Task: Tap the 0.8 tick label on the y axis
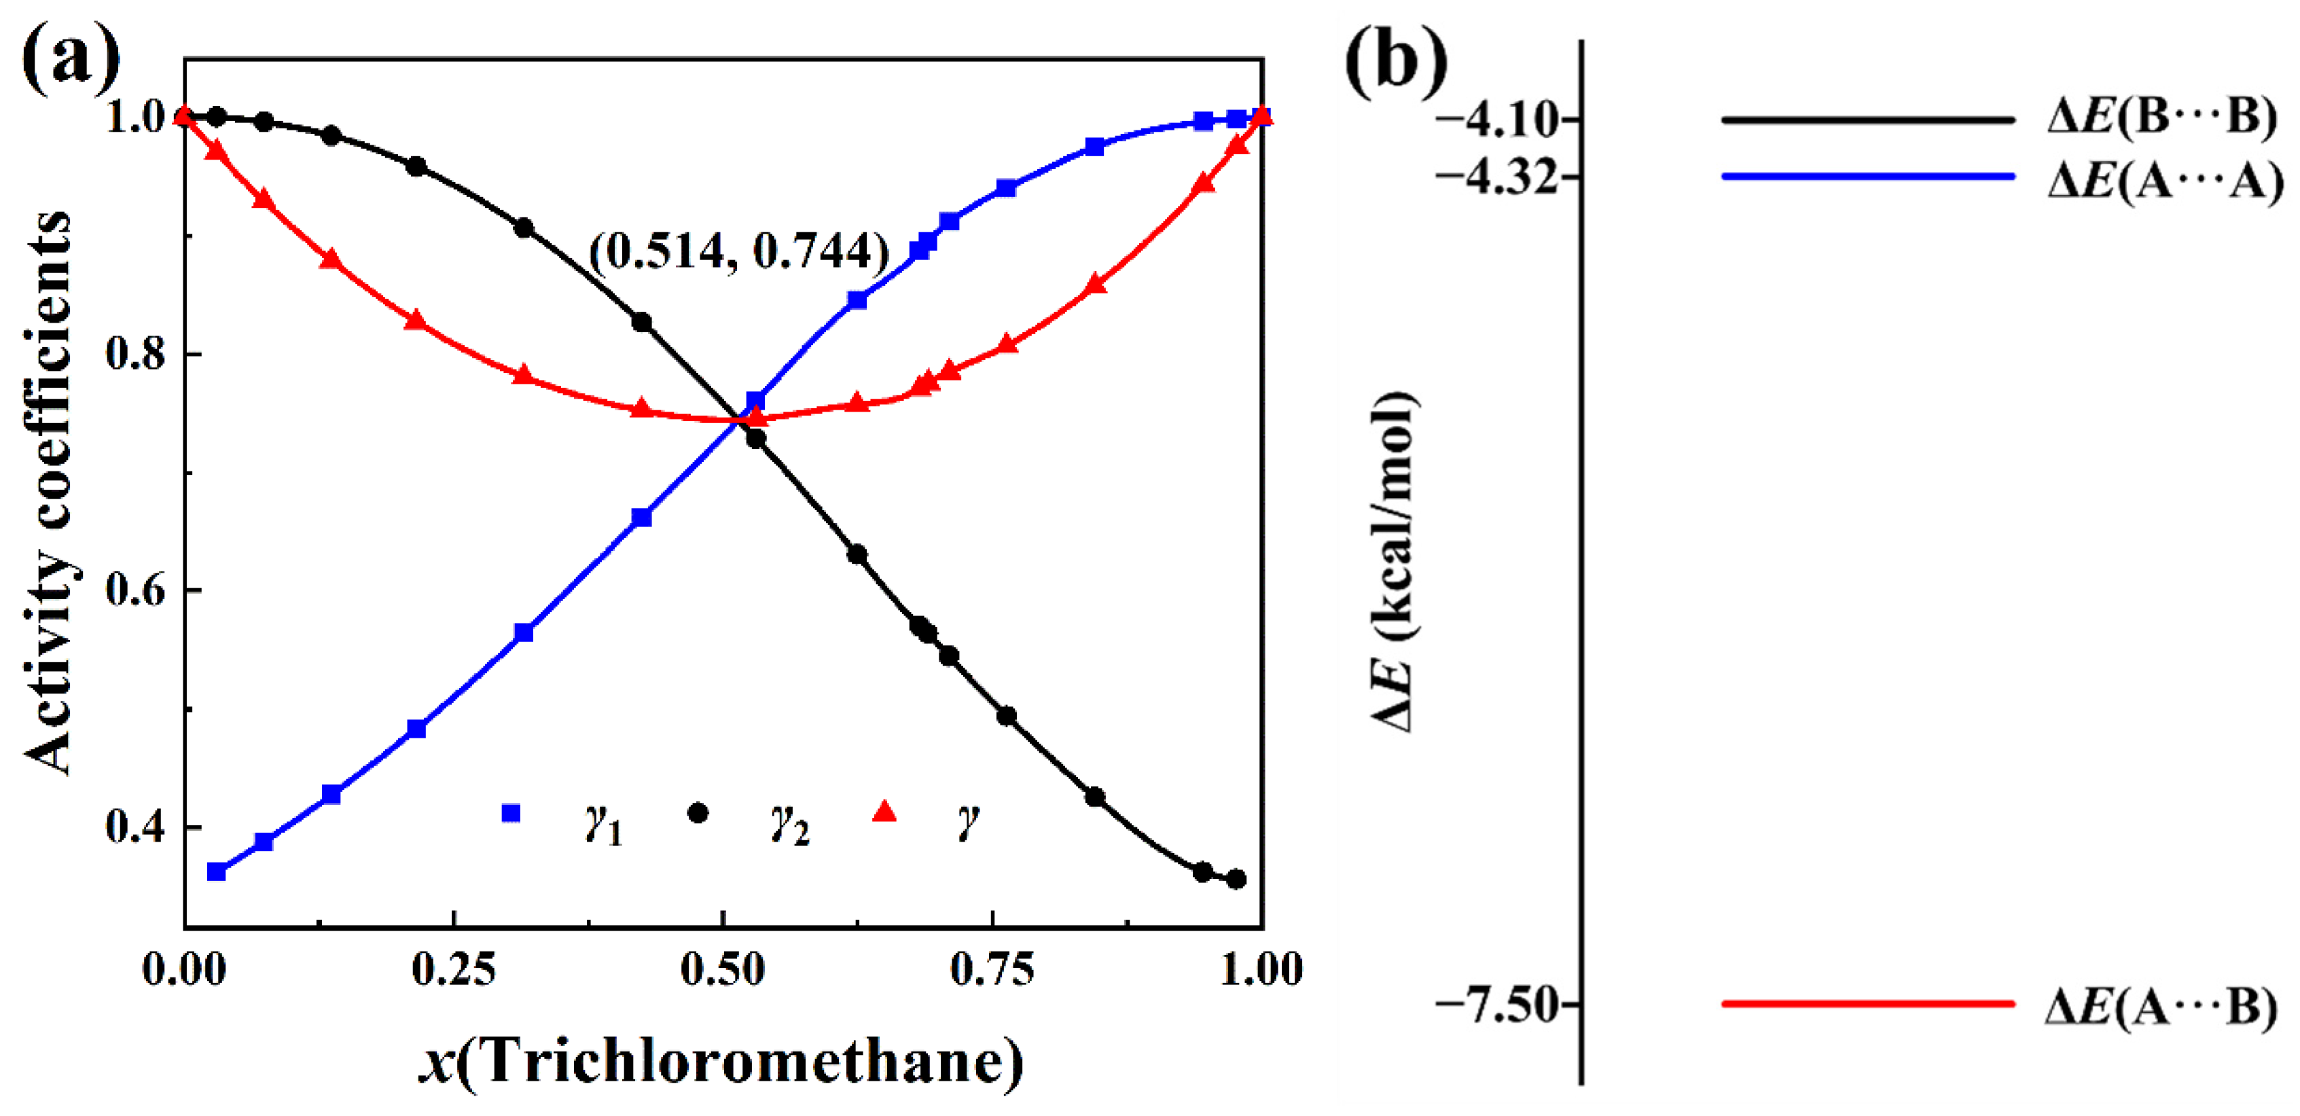(136, 354)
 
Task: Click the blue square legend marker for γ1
(511, 813)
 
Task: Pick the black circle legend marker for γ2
(698, 813)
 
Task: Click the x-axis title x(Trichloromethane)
(721, 1061)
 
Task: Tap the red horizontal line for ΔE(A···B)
(1868, 1005)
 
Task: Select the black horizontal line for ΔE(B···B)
(1868, 120)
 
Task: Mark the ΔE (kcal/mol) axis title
(1394, 562)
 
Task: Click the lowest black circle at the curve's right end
(1236, 880)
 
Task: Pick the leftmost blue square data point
(216, 871)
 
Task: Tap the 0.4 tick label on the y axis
(136, 826)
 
